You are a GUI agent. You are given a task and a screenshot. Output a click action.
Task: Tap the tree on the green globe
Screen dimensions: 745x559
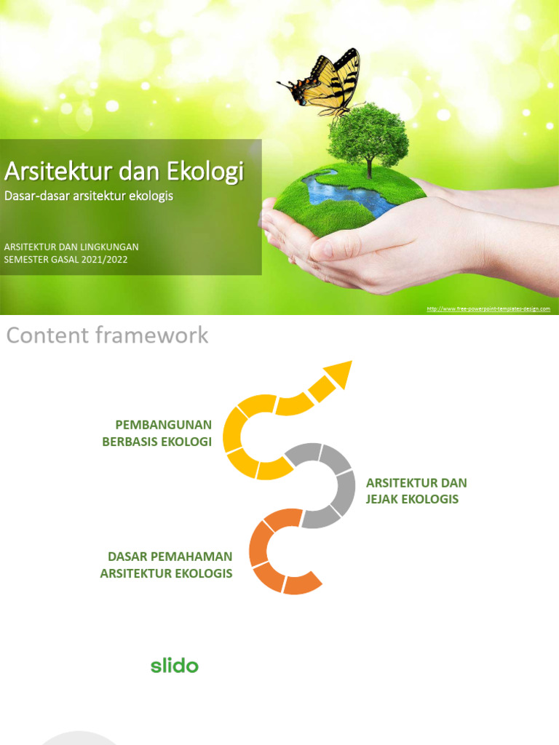(x=368, y=138)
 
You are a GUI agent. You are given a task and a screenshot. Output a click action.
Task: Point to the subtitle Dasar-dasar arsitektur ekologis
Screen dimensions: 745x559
(x=89, y=196)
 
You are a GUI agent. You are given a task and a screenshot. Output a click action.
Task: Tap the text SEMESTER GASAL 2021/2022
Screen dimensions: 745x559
(x=66, y=259)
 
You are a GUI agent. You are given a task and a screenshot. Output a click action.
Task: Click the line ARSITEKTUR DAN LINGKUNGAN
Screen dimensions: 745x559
(x=71, y=247)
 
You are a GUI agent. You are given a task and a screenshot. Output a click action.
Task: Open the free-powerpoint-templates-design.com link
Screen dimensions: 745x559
(x=488, y=309)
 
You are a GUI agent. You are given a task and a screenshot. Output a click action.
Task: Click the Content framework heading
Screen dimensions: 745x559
(x=107, y=335)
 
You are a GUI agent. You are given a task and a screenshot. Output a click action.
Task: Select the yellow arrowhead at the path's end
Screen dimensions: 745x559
(x=337, y=375)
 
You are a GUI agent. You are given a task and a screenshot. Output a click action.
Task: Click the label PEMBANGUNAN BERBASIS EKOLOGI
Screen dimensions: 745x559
(x=162, y=433)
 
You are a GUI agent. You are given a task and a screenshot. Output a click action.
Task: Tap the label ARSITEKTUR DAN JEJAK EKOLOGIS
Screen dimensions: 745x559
(x=416, y=491)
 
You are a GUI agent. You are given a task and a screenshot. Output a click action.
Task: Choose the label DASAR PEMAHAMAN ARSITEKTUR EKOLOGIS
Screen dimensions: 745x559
(x=167, y=565)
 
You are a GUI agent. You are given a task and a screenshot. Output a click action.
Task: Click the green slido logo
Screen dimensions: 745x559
(x=174, y=665)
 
